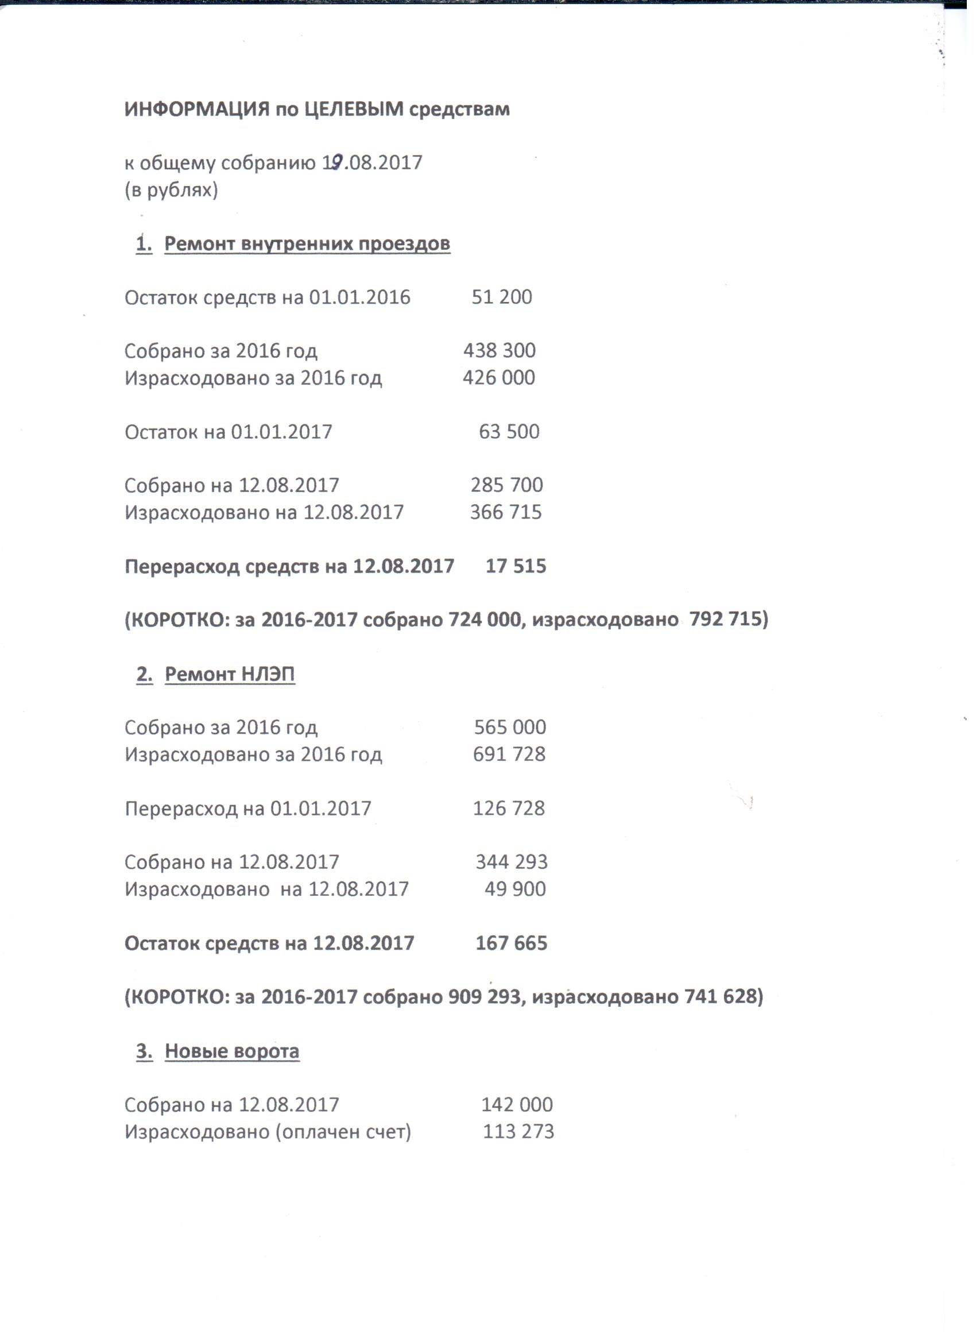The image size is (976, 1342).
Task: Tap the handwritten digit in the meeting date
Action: pos(336,162)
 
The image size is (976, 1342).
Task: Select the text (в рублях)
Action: pos(171,190)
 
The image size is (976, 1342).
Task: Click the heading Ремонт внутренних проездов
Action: pos(307,244)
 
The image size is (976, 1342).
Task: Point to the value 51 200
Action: pos(502,297)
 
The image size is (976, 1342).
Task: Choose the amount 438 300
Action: pos(499,350)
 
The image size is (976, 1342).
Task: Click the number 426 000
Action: pos(499,377)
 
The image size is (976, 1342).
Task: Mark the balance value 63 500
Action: pos(509,431)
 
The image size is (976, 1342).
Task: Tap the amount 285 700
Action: pos(506,485)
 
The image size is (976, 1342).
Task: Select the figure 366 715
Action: pos(506,512)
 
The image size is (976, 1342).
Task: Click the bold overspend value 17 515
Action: pos(516,566)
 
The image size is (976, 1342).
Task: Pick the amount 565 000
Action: pos(510,727)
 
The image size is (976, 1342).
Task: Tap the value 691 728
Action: pos(509,754)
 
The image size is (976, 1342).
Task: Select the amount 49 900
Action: pos(514,889)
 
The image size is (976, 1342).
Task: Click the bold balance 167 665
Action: pos(512,942)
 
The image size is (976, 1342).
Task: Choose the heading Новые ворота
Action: pos(232,1051)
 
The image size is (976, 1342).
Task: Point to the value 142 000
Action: pos(517,1104)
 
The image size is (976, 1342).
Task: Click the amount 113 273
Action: pos(518,1131)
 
